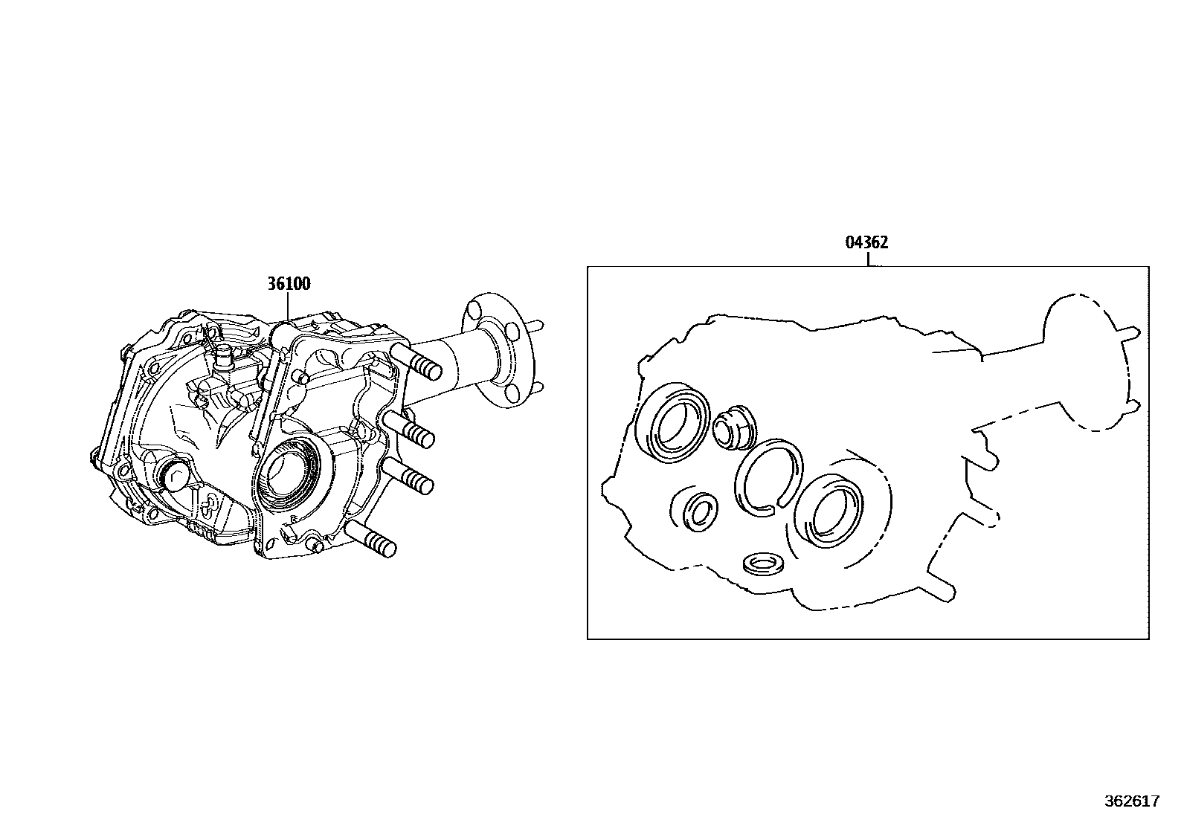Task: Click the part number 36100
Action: pyautogui.click(x=289, y=284)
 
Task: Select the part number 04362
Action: pyautogui.click(x=867, y=242)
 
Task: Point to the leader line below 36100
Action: pyautogui.click(x=288, y=306)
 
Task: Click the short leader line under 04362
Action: pyautogui.click(x=868, y=259)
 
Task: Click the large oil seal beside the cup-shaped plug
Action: pyautogui.click(x=672, y=423)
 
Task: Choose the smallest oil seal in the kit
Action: pyautogui.click(x=701, y=512)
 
